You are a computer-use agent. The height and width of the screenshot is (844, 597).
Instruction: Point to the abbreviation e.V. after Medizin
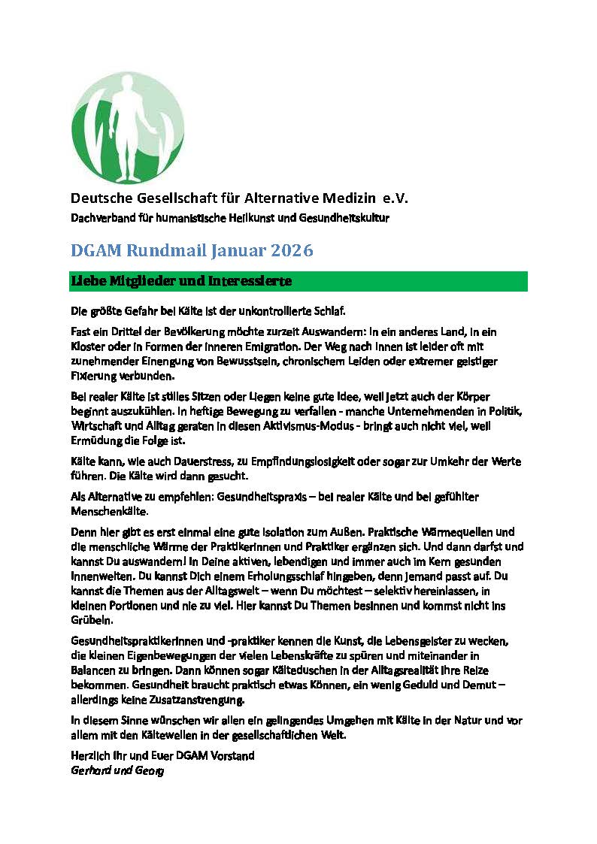point(393,199)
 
